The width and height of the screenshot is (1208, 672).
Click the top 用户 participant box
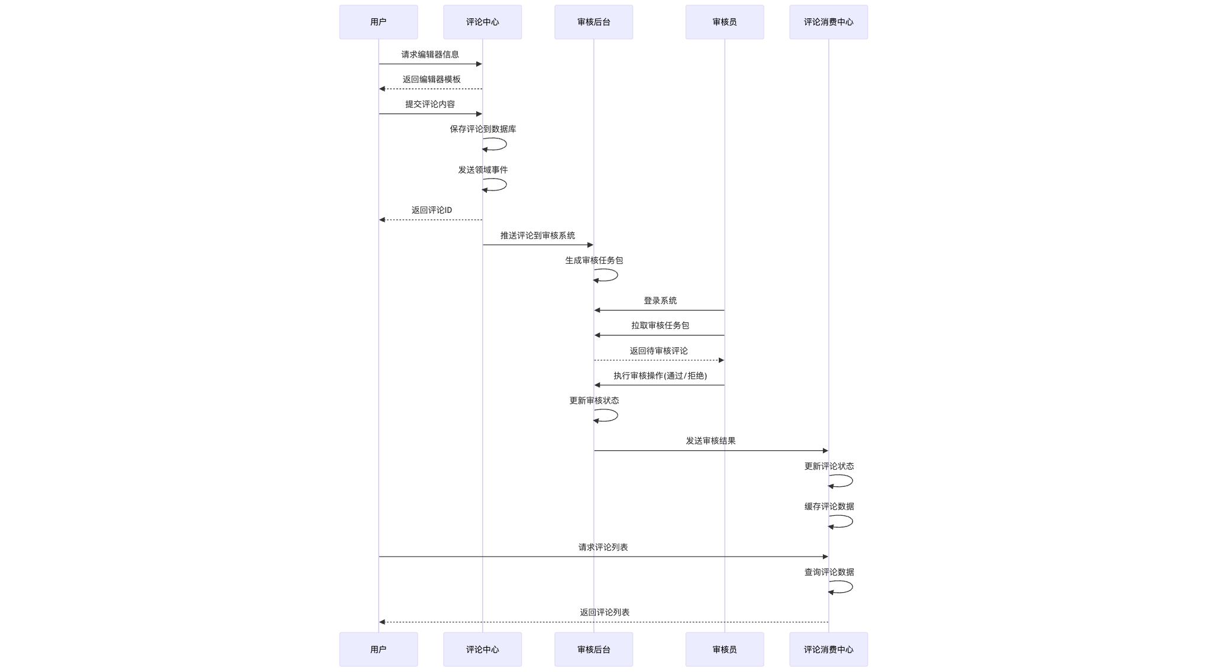[378, 22]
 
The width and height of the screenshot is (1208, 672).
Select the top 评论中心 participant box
[482, 22]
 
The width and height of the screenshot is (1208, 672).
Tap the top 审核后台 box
[593, 22]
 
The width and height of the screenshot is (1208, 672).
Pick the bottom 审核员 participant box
[724, 649]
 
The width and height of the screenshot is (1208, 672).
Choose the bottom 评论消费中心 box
[828, 649]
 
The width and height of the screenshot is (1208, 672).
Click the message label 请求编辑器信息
[430, 54]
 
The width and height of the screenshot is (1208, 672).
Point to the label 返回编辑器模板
[431, 79]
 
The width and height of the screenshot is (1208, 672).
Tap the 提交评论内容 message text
[430, 104]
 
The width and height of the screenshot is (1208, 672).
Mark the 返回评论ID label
[431, 210]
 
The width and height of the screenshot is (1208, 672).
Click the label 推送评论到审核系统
[537, 235]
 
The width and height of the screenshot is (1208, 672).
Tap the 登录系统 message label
[660, 301]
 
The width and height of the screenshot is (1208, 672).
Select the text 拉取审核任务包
[660, 325]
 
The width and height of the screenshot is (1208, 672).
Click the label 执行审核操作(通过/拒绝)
[660, 376]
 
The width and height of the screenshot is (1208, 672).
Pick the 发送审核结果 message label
[710, 441]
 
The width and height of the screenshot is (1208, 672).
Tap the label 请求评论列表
[603, 547]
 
